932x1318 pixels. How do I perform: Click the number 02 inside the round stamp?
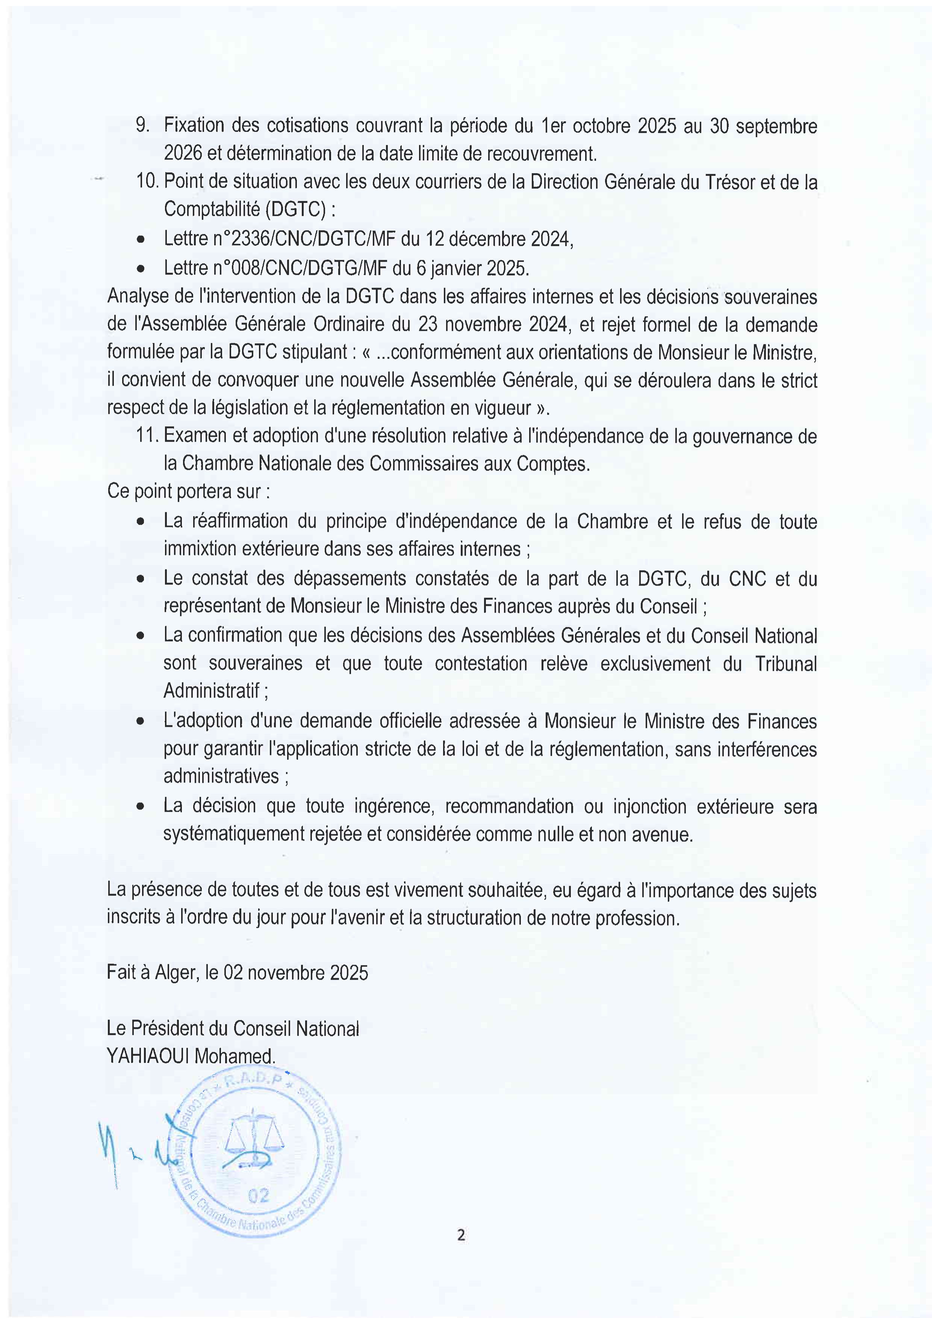(259, 1196)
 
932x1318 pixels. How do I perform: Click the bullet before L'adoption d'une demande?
(140, 722)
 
